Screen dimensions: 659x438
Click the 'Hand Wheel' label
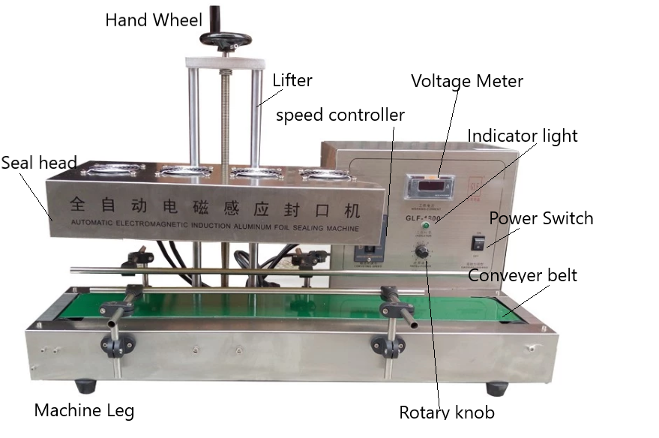pos(154,20)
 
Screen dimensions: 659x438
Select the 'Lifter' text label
pos(292,80)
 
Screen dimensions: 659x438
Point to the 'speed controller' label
pos(340,115)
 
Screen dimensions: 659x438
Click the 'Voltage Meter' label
pos(466,81)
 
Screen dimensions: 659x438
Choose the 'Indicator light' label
pos(523,136)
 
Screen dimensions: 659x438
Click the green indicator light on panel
pos(426,225)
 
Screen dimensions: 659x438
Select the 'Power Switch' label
pos(541,218)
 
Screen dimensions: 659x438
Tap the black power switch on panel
pos(478,243)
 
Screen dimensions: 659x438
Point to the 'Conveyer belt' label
pos(523,275)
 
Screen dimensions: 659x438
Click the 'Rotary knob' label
pos(447,412)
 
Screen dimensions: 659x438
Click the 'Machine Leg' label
pos(84,410)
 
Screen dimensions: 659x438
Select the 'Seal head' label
pos(38,163)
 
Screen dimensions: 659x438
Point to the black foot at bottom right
pos(496,388)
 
